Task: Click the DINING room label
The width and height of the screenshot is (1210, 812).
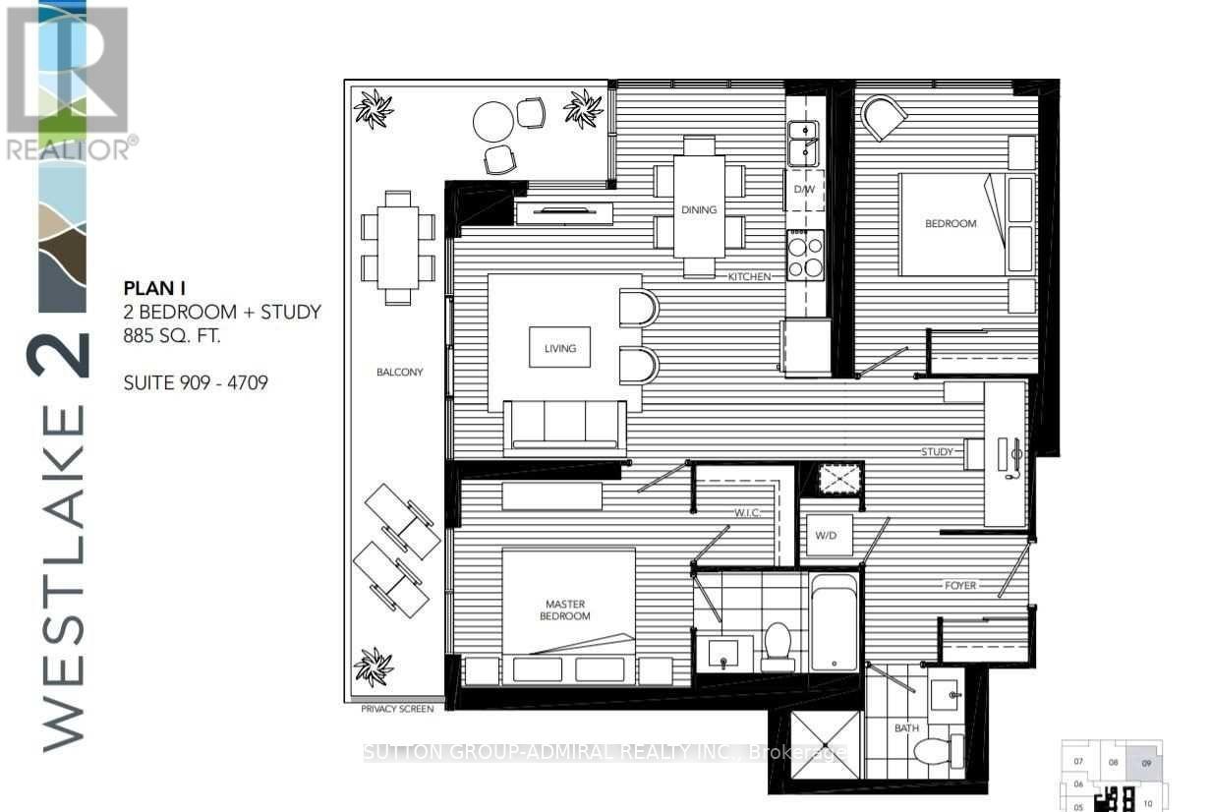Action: [698, 209]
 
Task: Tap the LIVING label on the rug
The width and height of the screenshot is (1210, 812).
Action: [559, 348]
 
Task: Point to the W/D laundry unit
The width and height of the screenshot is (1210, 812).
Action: [826, 537]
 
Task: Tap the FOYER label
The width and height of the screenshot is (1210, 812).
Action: [960, 586]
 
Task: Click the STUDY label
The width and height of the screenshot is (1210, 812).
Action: [937, 452]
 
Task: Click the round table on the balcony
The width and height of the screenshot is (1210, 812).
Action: [494, 123]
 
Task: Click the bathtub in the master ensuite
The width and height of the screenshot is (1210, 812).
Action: [834, 622]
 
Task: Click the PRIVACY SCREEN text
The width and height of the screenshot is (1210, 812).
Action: [396, 708]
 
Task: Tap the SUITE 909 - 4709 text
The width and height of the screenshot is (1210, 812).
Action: [195, 380]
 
